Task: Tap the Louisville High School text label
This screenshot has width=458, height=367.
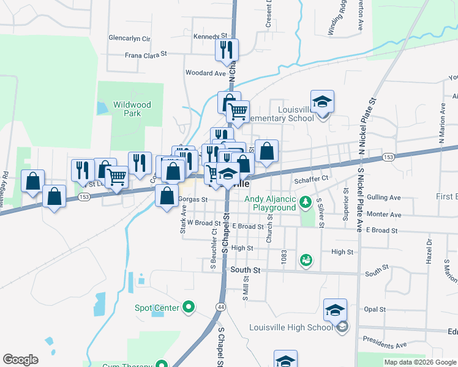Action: coord(291,327)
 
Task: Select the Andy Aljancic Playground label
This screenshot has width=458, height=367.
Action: coord(270,203)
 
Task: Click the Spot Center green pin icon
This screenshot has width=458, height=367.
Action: coord(189,307)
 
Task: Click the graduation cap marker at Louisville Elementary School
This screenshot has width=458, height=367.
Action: coord(322,102)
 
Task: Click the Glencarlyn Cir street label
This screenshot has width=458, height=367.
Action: coord(129,38)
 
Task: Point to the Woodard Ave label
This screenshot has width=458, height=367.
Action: coord(206,73)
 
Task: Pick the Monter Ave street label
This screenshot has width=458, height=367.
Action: coord(384,215)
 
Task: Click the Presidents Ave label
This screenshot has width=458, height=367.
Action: coord(385,345)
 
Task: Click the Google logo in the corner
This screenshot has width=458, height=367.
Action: coord(20,360)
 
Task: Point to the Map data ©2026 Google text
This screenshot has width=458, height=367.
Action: coord(420,362)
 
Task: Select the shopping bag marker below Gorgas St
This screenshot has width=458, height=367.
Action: coord(167,197)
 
